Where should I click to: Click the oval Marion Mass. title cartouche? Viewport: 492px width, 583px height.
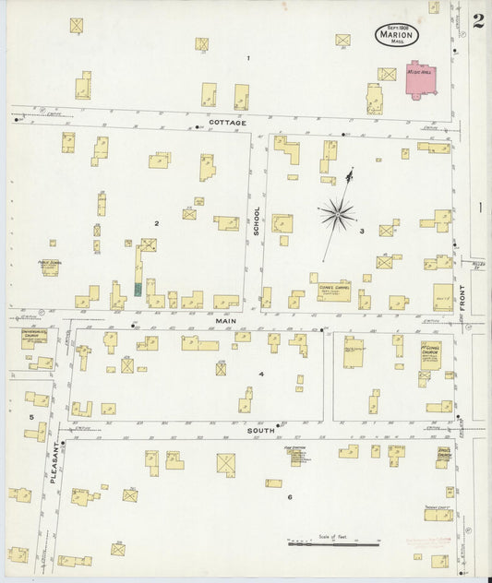[x=397, y=35]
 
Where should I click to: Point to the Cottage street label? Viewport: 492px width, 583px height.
[x=227, y=123]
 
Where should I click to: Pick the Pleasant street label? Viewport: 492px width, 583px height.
[x=54, y=461]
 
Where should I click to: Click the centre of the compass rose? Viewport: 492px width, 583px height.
[x=339, y=215]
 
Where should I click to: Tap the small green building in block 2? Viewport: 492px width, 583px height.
[x=138, y=289]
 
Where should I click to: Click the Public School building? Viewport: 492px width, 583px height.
[x=49, y=268]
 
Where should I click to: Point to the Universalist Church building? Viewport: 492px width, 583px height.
[x=34, y=336]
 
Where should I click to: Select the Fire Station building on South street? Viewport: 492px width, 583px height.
[x=296, y=456]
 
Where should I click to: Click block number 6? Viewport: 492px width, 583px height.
[x=289, y=497]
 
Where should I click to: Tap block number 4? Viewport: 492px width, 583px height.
[x=261, y=374]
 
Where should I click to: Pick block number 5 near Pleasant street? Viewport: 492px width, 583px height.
[x=31, y=418]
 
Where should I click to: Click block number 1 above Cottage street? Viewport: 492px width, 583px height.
[x=247, y=59]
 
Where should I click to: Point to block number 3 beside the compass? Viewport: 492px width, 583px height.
[x=362, y=231]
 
